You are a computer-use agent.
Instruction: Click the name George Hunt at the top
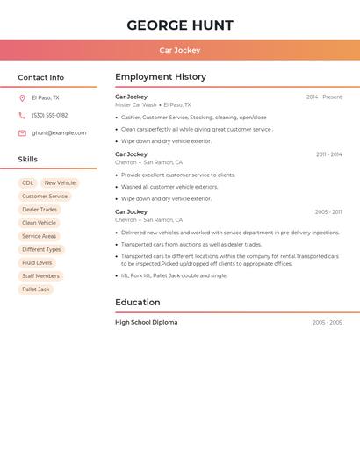point(180,25)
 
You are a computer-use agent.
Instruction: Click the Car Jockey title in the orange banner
point(180,51)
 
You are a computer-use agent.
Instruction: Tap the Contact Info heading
point(40,77)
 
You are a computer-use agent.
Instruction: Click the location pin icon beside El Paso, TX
point(22,97)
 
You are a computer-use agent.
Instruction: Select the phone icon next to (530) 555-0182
point(22,115)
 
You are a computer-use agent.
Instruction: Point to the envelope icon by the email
point(22,132)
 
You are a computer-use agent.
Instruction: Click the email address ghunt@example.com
point(59,132)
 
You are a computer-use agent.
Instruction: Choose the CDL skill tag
point(28,182)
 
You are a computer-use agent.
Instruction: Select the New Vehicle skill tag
point(60,182)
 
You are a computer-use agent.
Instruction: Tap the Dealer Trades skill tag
point(40,210)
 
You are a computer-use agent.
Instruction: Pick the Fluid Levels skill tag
point(37,262)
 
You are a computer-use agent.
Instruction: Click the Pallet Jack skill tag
point(36,289)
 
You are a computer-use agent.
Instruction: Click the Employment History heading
point(161,77)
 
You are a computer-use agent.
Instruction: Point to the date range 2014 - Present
point(324,97)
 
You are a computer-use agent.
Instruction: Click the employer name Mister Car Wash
point(135,104)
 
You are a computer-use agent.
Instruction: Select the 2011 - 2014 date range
point(328,154)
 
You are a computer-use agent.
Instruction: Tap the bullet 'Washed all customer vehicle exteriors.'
point(169,187)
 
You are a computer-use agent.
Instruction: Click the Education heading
point(138,303)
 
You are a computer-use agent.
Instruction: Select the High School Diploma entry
point(146,322)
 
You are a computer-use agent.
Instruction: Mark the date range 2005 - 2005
point(327,322)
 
